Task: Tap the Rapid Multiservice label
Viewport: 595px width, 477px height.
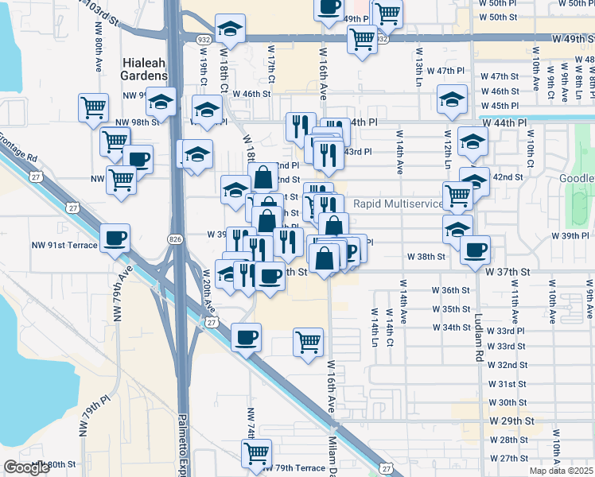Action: click(x=398, y=204)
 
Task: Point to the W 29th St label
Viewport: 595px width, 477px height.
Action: click(x=511, y=420)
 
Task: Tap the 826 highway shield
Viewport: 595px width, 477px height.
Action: click(x=175, y=238)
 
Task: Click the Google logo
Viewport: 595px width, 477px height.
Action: click(x=26, y=467)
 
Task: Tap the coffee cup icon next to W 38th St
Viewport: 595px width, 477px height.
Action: click(x=476, y=250)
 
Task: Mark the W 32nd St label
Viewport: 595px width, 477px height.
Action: click(x=508, y=365)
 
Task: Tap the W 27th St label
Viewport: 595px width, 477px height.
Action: click(x=509, y=458)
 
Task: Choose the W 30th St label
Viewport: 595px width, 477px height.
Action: click(x=508, y=402)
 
